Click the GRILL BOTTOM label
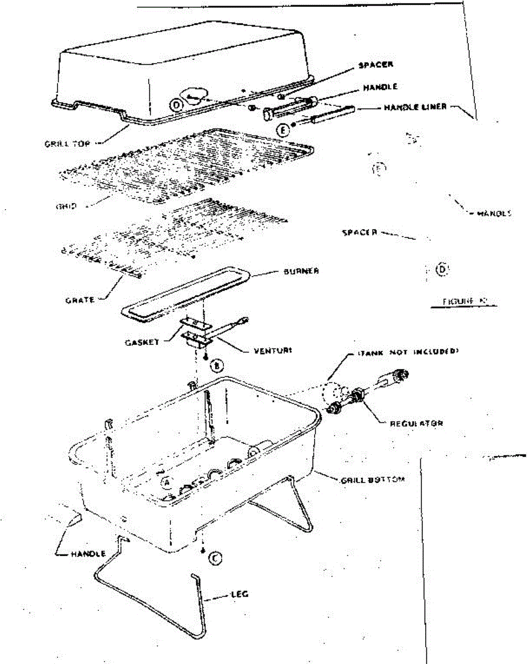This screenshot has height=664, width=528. click(372, 480)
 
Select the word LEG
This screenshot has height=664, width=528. click(240, 594)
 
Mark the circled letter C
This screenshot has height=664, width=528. click(216, 559)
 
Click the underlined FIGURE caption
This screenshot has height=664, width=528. click(463, 302)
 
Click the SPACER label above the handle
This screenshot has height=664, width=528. click(375, 65)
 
